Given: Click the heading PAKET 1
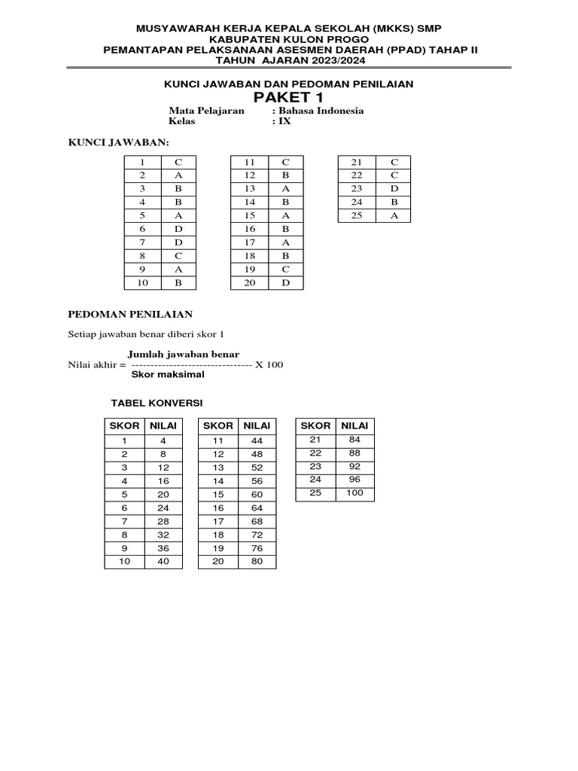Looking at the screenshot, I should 288,98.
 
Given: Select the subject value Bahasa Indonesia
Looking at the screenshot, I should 321,111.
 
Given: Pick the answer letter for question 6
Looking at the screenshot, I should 178,228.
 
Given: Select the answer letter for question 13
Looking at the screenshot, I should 285,188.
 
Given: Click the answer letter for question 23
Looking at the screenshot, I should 394,188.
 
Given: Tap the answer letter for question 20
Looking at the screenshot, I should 285,282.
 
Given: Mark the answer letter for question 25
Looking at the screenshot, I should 394,215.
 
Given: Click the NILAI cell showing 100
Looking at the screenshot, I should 354,493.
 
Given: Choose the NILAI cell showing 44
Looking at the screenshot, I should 257,440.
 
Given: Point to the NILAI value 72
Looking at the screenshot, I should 257,534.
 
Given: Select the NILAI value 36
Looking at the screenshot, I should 163,547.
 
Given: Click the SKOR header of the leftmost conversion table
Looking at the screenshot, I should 124,426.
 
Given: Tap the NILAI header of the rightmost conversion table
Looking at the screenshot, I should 354,426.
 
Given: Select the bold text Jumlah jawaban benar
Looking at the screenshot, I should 183,354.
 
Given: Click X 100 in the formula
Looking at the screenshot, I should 269,364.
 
